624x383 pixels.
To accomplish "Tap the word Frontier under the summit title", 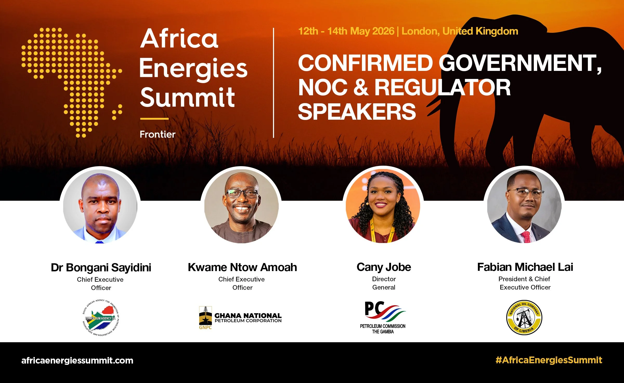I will click(158, 135).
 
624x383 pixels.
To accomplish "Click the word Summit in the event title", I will click(187, 98).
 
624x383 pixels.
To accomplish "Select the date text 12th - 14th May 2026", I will click(346, 31).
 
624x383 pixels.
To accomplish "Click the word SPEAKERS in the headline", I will click(357, 112).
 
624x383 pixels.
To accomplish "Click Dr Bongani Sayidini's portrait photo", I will click(100, 206).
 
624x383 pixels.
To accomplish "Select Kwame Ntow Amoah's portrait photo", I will click(241, 206).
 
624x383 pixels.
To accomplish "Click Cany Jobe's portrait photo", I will click(383, 206).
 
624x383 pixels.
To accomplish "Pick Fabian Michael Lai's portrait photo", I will click(524, 206).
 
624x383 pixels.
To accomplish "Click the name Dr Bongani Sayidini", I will click(101, 267).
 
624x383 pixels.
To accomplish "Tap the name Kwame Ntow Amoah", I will click(242, 267).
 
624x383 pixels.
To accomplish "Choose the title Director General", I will click(384, 283).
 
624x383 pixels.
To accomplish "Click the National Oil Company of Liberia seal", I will click(524, 317).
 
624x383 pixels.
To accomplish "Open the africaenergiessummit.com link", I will click(77, 360).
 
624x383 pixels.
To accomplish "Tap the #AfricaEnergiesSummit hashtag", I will click(549, 360).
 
